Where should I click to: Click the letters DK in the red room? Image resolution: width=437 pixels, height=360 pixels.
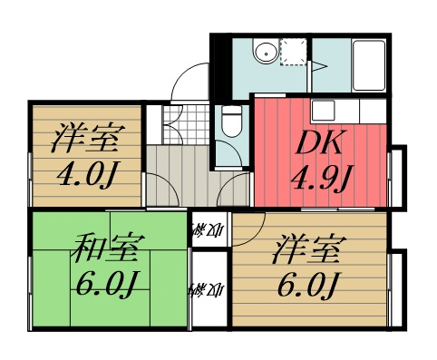pyautogui.click(x=320, y=143)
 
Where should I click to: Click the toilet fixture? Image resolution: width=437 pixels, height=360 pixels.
pyautogui.click(x=232, y=121)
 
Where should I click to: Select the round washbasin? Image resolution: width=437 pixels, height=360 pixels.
pyautogui.click(x=264, y=51)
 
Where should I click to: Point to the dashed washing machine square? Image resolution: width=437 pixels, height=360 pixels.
pyautogui.click(x=296, y=52)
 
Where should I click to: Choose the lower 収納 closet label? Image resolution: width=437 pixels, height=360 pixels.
pyautogui.click(x=209, y=292)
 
